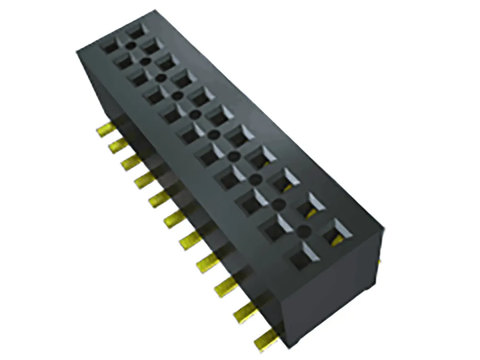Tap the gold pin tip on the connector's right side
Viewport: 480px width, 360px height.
tap(379, 262)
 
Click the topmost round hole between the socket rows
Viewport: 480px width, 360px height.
tap(130, 46)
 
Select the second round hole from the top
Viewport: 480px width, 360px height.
tap(144, 61)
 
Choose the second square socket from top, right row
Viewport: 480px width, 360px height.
tap(151, 46)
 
